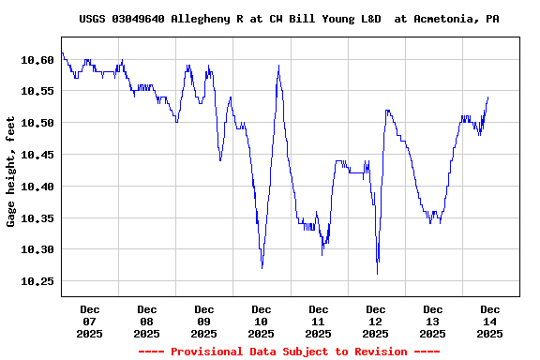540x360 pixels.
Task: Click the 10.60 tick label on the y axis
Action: [x=37, y=59]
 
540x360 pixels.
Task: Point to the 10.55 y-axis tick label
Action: [x=37, y=91]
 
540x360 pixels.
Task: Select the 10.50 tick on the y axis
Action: [x=37, y=123]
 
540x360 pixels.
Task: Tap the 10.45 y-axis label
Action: [x=37, y=155]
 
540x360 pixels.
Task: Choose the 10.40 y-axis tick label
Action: [x=37, y=187]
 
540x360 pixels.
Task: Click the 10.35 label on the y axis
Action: [x=37, y=218]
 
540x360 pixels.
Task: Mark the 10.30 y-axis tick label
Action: [x=37, y=250]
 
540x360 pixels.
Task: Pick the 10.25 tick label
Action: [x=37, y=281]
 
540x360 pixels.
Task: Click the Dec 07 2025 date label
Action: [x=90, y=321]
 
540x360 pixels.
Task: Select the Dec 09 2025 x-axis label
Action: [x=204, y=321]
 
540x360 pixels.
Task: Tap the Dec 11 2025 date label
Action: [x=319, y=321]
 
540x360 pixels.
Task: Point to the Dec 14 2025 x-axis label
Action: [x=489, y=321]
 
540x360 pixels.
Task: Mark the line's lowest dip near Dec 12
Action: [x=377, y=274]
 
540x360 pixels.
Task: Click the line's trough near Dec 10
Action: [x=262, y=267]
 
